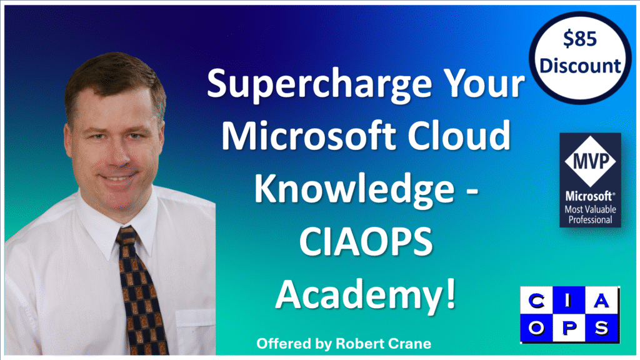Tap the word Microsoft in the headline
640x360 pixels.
(309, 135)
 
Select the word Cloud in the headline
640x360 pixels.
(459, 135)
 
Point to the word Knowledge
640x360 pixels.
(354, 189)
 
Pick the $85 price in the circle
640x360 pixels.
(579, 39)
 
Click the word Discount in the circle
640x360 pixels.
(580, 66)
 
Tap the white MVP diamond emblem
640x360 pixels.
(590, 161)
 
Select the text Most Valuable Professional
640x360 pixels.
(590, 214)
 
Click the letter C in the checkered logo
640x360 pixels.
(536, 301)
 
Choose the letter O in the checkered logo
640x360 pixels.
(536, 327)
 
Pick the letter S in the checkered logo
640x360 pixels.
(601, 327)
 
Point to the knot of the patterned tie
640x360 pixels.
(126, 237)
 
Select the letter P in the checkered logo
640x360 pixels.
(569, 327)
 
